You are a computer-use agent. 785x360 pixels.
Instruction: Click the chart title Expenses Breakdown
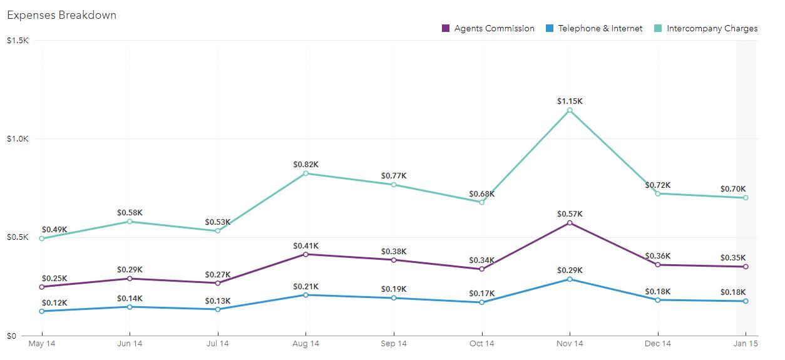(61, 15)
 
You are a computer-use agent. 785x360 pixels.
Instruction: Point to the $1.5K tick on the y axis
(17, 41)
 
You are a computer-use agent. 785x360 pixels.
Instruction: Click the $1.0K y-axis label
(17, 139)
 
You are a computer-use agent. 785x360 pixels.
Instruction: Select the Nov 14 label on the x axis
(570, 344)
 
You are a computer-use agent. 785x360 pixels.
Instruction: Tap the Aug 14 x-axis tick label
(305, 344)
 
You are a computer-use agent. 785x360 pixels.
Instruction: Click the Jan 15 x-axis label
(746, 344)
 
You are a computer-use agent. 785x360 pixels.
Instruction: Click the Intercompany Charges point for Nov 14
(570, 110)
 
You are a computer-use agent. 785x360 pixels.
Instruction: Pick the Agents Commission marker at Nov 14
(570, 223)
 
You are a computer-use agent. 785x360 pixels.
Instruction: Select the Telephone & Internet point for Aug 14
(305, 295)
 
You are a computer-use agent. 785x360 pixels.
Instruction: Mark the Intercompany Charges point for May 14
(42, 239)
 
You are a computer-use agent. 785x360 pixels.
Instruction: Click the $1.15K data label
(570, 101)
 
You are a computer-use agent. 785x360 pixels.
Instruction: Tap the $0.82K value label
(305, 165)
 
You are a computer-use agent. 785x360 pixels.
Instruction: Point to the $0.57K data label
(570, 214)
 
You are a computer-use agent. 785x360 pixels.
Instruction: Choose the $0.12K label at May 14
(54, 303)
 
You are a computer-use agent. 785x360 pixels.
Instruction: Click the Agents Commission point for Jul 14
(218, 283)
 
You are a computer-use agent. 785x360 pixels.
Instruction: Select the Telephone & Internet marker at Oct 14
(482, 302)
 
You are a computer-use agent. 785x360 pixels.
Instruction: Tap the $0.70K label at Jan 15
(732, 189)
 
